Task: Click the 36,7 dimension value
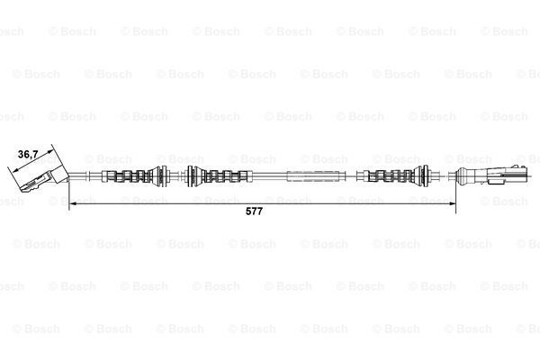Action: coord(28,154)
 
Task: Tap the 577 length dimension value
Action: coord(254,211)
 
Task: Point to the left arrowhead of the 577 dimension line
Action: coord(73,204)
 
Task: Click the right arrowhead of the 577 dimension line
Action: coord(452,204)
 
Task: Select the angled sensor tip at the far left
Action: coord(32,184)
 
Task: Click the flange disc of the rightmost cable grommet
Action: coord(424,176)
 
